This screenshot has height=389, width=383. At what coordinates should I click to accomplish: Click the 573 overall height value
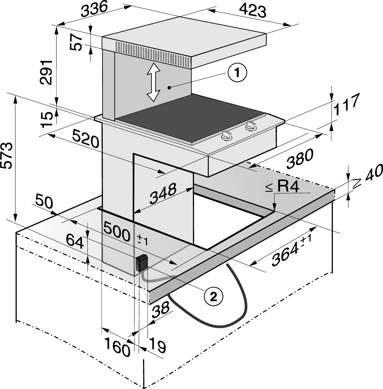[7, 155]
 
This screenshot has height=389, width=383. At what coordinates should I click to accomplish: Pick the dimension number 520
[86, 139]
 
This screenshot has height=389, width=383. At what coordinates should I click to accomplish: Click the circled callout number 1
[237, 73]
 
